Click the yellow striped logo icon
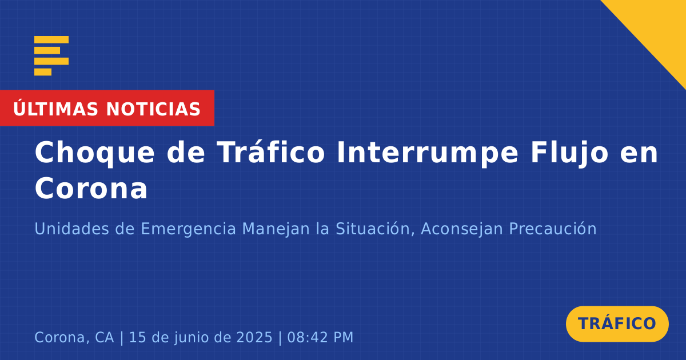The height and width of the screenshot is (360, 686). click(51, 56)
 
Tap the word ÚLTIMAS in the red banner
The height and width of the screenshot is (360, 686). click(55, 109)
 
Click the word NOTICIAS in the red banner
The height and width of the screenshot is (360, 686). click(153, 109)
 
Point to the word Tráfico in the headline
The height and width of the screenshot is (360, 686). click(271, 152)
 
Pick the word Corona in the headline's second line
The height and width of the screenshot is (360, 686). click(91, 189)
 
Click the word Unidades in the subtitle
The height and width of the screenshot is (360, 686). click(71, 229)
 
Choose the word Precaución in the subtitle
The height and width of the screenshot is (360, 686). click(553, 229)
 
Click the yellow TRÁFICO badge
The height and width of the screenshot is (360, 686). click(617, 324)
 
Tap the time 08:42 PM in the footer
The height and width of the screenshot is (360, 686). click(320, 337)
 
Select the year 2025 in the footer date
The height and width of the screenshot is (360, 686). click(254, 337)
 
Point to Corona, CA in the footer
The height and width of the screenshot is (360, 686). click(74, 338)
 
